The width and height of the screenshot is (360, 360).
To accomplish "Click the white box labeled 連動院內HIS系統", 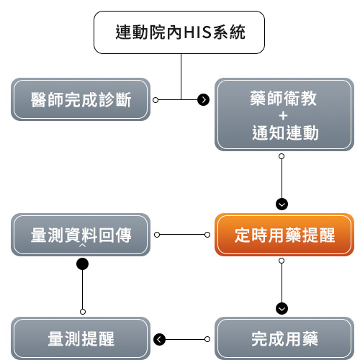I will pos(181,32).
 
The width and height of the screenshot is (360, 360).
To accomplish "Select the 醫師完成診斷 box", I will pos(81,99).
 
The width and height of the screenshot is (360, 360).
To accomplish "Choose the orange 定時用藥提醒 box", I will pos(284,235).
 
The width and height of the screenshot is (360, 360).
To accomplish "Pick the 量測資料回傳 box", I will pos(81,235).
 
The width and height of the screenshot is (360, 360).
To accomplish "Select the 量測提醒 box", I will pos(81,338).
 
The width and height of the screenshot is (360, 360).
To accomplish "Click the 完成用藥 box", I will pos(284,338).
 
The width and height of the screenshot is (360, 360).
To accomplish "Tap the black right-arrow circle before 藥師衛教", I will pos(203,99).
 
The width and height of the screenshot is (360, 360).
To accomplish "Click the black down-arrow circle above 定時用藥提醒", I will pos(282,203).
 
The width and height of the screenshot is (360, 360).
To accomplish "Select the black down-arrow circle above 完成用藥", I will pos(282,308).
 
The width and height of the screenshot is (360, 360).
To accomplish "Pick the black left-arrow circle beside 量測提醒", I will pos(160,338).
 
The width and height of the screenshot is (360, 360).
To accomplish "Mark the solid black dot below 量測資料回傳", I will pos(83,264).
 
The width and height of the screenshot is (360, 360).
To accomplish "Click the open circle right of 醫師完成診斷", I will pos(156,99).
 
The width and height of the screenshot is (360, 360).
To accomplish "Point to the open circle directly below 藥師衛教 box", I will pos(282,156).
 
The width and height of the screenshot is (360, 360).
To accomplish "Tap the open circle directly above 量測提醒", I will pos(83,311).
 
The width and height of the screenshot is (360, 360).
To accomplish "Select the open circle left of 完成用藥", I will pos(207,338).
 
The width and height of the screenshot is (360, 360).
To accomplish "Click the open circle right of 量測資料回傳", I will pos(156,235).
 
